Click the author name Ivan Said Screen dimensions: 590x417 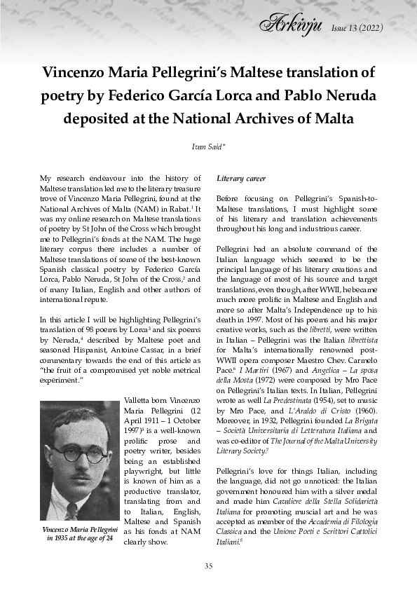tap(208, 146)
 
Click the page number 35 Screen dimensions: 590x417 tap(208, 566)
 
